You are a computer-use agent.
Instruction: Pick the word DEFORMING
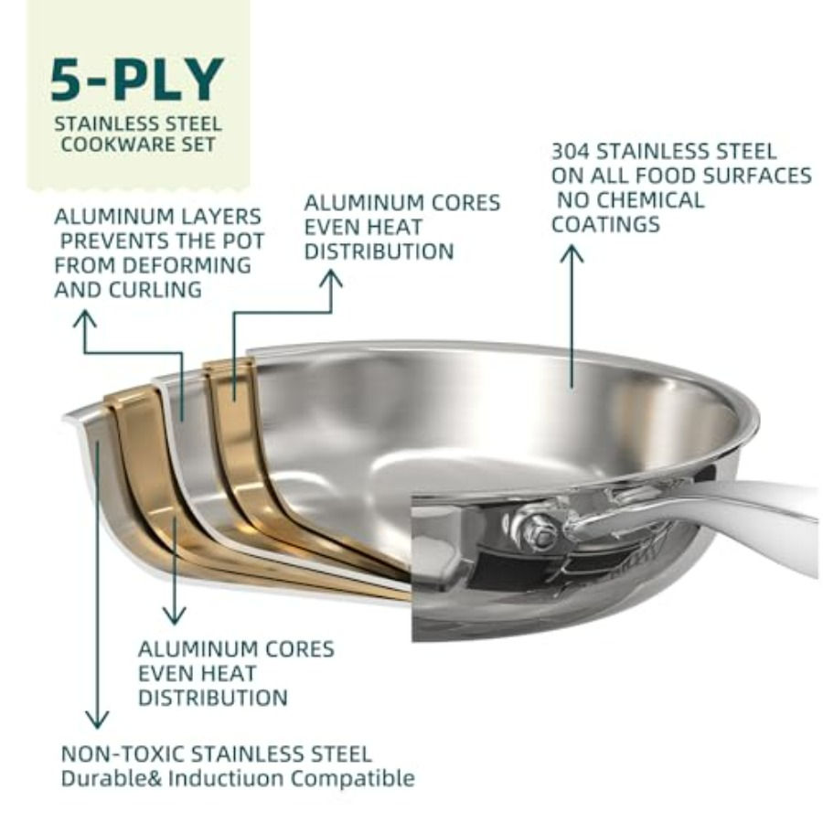[179, 265]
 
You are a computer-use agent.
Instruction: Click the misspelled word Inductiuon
[232, 779]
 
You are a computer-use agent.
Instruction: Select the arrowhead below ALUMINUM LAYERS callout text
[85, 318]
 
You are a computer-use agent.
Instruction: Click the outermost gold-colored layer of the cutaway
[137, 457]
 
